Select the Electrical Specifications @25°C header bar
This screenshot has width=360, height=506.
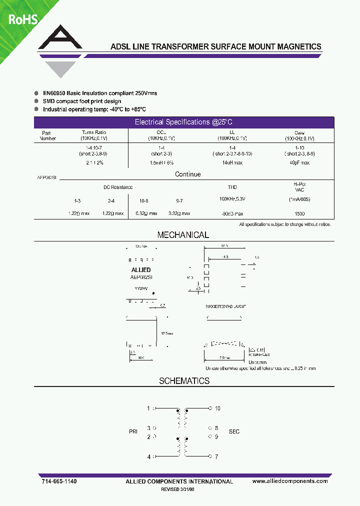tap(184, 122)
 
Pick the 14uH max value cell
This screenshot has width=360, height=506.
tap(232, 162)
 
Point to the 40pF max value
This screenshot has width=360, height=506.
tap(299, 162)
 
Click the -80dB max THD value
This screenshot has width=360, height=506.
tap(232, 213)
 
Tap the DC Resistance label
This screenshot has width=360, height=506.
tap(118, 187)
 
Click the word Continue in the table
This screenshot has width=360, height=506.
tap(188, 174)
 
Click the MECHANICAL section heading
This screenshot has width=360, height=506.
tap(183, 235)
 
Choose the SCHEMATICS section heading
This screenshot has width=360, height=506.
tap(184, 381)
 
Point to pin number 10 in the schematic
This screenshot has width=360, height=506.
tap(217, 408)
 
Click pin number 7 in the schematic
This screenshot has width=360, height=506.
tap(216, 456)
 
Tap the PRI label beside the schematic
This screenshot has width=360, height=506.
tap(133, 431)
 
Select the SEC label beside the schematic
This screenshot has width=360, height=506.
tap(234, 431)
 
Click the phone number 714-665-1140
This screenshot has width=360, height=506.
tap(59, 481)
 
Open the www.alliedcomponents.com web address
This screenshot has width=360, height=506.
tap(290, 481)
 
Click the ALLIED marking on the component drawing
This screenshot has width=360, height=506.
tap(140, 270)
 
